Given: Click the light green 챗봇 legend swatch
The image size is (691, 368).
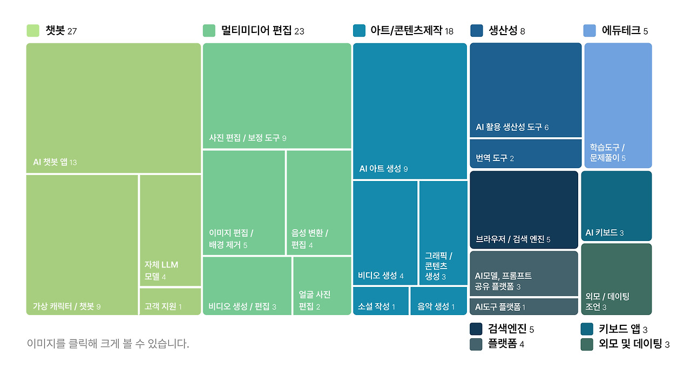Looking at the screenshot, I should click(33, 31).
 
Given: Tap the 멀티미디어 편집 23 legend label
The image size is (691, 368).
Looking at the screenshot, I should click(262, 31).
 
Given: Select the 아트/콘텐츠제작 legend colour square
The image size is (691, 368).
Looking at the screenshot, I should click(359, 31).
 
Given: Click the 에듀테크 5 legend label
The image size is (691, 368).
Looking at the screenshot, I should click(625, 31).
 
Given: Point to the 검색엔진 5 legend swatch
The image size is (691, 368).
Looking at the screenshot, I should click(476, 329).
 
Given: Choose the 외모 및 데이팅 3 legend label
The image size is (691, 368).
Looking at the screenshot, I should click(634, 344).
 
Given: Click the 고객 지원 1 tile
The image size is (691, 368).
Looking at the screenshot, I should click(170, 302).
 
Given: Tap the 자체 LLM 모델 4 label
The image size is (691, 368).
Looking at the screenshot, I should click(161, 271).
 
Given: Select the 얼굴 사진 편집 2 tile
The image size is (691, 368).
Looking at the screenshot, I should click(322, 286).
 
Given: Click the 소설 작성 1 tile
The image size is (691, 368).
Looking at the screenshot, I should click(381, 301).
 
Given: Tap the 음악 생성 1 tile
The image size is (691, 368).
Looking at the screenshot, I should click(438, 301).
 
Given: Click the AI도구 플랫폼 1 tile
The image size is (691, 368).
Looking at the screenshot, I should click(524, 306).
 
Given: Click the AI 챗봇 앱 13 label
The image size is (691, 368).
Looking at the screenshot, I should click(55, 162).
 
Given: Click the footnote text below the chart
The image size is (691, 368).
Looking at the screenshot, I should click(108, 344).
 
